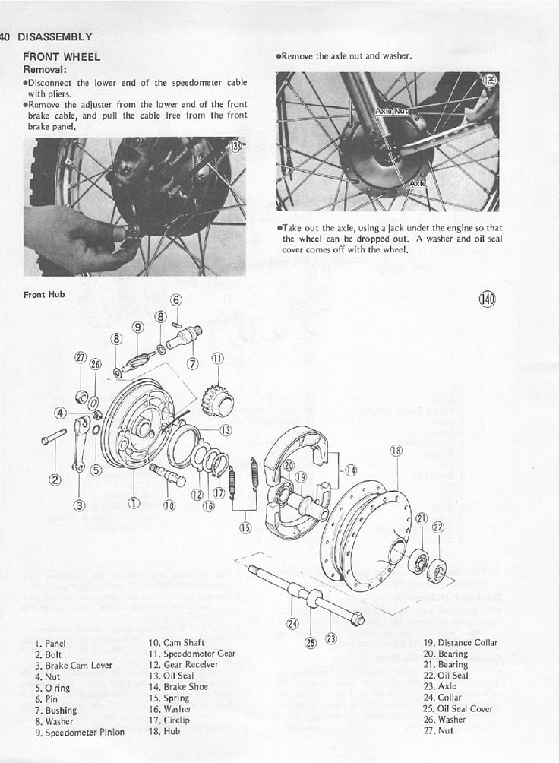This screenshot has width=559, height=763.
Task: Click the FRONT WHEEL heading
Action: (62, 56)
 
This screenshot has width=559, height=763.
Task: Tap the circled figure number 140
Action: (487, 299)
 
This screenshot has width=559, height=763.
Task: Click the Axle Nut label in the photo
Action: (392, 110)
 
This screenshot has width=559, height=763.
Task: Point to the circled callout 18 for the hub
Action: (396, 450)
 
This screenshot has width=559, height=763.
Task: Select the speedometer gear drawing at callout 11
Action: (218, 400)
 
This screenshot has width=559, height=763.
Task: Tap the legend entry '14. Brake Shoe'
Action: (177, 686)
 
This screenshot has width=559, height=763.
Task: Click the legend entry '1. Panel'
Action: (50, 643)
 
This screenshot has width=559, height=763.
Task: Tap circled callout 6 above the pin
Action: (176, 299)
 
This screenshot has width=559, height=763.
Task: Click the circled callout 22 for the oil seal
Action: (437, 527)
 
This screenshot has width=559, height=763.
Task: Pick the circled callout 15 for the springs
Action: (245, 527)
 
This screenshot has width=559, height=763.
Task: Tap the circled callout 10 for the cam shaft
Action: (169, 504)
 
